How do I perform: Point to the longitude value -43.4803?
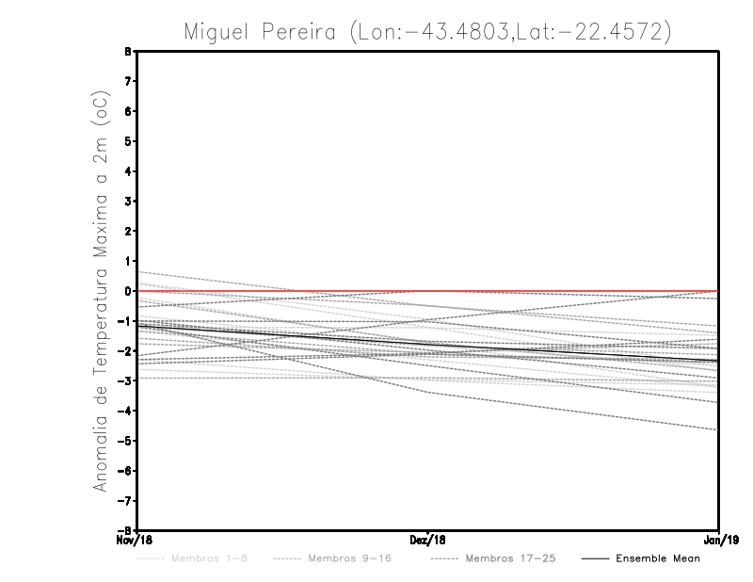[451, 32]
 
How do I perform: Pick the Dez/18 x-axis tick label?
[428, 540]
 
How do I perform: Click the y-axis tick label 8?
[128, 52]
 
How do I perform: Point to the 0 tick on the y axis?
[128, 291]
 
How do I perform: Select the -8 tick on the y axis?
[125, 530]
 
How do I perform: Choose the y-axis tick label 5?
[128, 141]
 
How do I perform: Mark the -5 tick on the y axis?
[125, 441]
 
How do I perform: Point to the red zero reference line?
[565, 291]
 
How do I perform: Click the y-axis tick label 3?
[128, 202]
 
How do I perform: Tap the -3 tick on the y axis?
[125, 380]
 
